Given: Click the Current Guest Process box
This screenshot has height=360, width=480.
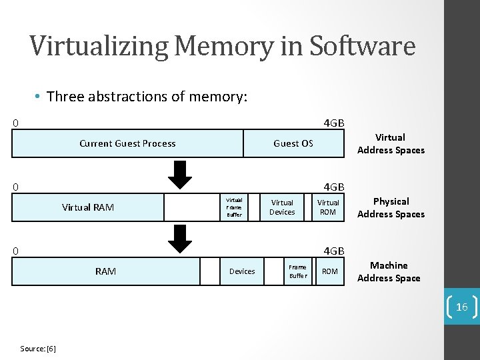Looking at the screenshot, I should click(x=127, y=143).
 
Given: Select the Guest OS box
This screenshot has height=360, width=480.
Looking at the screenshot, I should click(x=293, y=143).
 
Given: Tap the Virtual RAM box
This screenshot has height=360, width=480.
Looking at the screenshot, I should click(x=88, y=207).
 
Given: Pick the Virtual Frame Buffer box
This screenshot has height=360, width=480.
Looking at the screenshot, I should click(x=235, y=207).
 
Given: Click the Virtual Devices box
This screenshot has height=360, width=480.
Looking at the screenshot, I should click(x=282, y=207).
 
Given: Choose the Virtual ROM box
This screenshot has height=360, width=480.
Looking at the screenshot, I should click(x=328, y=207).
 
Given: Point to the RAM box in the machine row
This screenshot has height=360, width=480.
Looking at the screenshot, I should click(x=106, y=271).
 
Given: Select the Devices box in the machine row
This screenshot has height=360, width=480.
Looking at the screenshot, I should click(x=242, y=271).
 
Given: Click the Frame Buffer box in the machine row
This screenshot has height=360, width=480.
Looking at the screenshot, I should click(x=298, y=271).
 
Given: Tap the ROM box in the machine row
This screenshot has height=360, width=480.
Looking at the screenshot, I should click(x=330, y=271).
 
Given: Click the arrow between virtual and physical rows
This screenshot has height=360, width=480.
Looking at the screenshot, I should click(x=178, y=175).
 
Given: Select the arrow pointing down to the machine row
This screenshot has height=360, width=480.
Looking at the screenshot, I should click(x=178, y=238).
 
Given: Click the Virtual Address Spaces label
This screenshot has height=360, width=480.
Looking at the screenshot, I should click(x=391, y=143).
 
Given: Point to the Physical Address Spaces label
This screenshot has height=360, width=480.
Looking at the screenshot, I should click(x=391, y=207).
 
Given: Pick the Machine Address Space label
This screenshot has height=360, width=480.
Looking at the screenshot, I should click(x=389, y=271).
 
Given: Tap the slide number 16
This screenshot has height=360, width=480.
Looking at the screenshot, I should click(x=462, y=307).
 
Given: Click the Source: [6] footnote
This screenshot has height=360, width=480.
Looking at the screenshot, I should click(x=38, y=349).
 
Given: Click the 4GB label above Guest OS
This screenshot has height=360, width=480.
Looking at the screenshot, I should click(x=333, y=123).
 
